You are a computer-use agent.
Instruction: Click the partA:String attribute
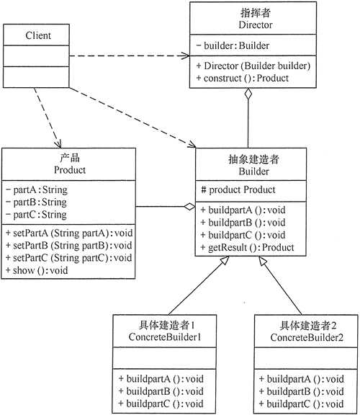[x=36, y=191]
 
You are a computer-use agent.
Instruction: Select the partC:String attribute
[x=36, y=214]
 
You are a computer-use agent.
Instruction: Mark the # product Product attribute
[x=238, y=190]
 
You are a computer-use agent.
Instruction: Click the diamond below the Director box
[x=248, y=94]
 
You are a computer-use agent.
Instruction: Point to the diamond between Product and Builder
[x=188, y=207]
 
